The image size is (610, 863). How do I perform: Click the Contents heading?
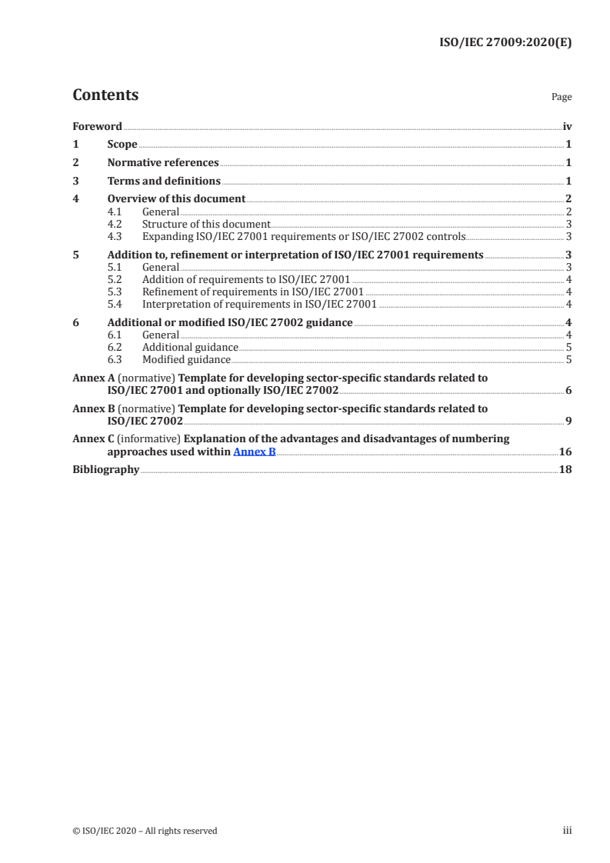105,95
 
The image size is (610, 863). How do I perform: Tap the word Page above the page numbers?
562,98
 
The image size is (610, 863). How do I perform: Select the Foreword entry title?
97,126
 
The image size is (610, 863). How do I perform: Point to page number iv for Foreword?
567,126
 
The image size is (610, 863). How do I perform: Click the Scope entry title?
122,145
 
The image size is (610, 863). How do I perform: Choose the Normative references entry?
163,163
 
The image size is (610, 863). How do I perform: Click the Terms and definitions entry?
164,182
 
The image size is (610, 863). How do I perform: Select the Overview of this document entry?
176,199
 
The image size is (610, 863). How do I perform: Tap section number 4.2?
115,224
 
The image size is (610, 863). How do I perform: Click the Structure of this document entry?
206,224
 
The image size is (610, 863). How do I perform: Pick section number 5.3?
115,292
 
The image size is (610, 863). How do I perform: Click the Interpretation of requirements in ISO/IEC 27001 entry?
259,304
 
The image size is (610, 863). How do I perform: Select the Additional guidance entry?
190,347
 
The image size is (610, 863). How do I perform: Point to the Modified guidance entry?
186,359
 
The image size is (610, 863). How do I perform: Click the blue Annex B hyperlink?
254,451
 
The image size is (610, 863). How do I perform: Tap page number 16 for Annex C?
565,451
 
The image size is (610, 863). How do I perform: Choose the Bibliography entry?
105,470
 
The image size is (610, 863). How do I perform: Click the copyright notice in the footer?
145,831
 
